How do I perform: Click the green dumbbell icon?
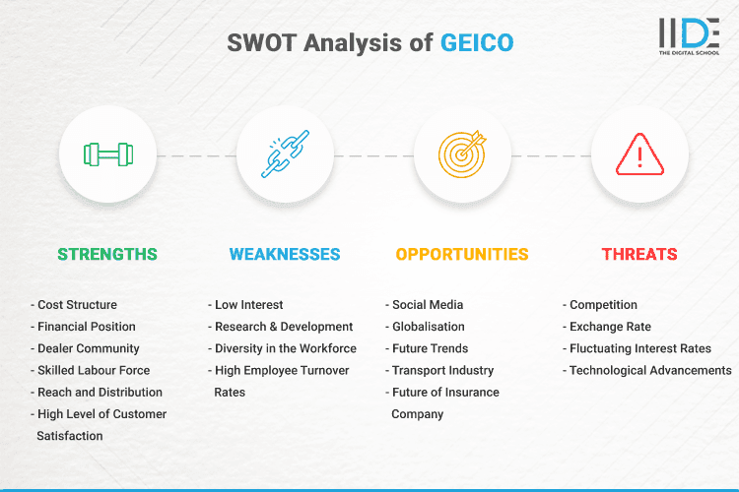pos(107,154)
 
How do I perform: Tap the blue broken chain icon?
pos(285,154)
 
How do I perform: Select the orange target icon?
pos(462,154)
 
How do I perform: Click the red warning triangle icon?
pos(639,154)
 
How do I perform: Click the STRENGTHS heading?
pos(107,254)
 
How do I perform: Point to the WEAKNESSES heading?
pos(285,254)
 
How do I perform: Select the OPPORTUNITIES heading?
pos(462,254)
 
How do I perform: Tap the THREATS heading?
pos(639,254)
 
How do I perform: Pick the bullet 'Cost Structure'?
pos(77,305)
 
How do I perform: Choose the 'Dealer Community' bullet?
pos(89,348)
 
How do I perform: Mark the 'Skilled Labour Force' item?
pos(95,370)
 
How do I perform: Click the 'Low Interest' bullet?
pos(250,305)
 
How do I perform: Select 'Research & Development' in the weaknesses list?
pos(284,327)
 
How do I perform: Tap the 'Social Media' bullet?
pos(427,305)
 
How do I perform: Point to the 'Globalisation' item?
pos(429,327)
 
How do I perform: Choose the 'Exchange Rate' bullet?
pos(610,327)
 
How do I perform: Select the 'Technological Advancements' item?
pos(650,370)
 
